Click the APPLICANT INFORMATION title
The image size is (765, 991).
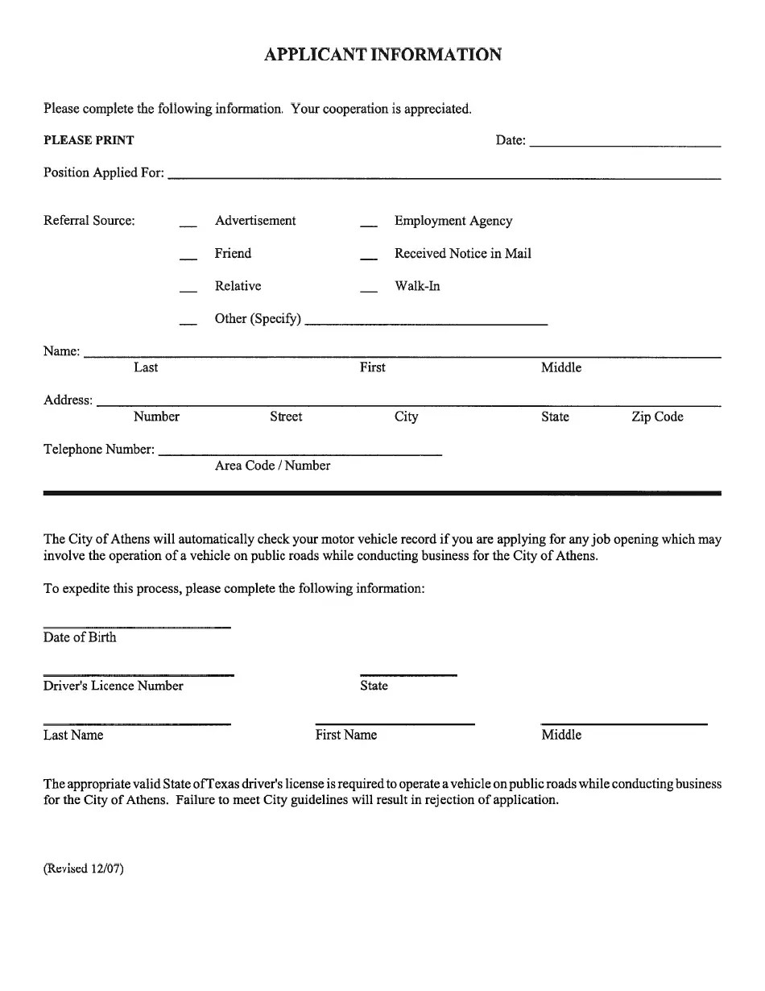(382, 55)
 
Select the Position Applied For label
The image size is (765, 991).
(104, 172)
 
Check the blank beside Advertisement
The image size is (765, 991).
(188, 225)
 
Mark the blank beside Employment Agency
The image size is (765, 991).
(369, 225)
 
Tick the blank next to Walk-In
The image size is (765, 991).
(369, 290)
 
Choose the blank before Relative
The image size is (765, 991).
(188, 290)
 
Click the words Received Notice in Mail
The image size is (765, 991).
(462, 254)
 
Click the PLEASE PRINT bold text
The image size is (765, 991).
(89, 140)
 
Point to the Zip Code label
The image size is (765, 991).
(657, 417)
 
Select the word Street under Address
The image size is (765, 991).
(286, 417)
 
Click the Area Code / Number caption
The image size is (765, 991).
(272, 466)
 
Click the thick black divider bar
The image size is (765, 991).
(382, 492)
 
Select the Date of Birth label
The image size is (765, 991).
(80, 637)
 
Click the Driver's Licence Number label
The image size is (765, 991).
(114, 686)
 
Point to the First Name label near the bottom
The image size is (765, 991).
(346, 735)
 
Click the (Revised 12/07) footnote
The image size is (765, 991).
(84, 869)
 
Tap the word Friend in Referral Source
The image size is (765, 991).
(233, 254)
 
